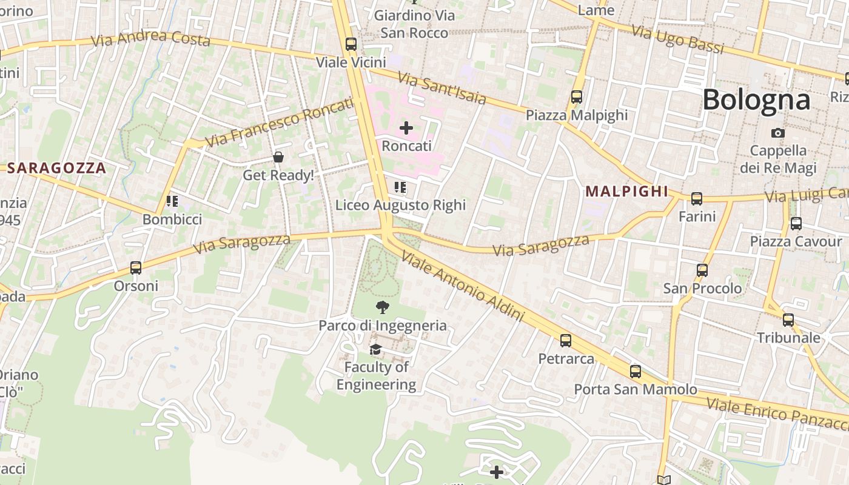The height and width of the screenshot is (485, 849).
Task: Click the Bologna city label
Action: click(x=756, y=99)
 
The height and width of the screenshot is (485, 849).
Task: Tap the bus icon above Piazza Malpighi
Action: click(x=576, y=96)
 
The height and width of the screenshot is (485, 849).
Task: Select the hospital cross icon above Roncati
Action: click(x=406, y=128)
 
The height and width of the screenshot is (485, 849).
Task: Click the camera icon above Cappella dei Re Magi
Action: click(x=778, y=133)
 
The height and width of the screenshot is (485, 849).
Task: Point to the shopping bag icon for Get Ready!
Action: click(x=278, y=158)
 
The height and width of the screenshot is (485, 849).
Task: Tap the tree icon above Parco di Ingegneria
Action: click(x=382, y=307)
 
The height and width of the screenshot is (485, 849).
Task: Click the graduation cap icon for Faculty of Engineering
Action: click(x=376, y=349)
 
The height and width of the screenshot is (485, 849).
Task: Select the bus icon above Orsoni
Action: click(x=136, y=267)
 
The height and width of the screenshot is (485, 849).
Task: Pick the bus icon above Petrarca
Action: click(x=566, y=340)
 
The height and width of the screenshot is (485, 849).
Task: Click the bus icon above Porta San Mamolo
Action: click(x=635, y=371)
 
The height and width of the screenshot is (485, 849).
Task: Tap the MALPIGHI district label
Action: click(x=626, y=192)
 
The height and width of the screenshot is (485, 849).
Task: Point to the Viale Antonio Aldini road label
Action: click(x=462, y=287)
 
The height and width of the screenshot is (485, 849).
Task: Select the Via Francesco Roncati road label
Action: click(x=279, y=122)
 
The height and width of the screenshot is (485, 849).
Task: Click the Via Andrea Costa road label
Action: click(x=150, y=38)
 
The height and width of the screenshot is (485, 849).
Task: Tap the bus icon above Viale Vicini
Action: click(x=351, y=44)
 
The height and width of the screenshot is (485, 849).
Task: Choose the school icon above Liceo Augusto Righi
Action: click(x=400, y=187)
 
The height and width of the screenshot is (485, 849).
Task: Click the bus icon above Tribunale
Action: click(x=788, y=319)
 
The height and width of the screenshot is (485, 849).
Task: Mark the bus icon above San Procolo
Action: click(x=702, y=270)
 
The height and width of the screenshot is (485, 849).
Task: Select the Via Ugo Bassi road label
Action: click(x=677, y=39)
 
